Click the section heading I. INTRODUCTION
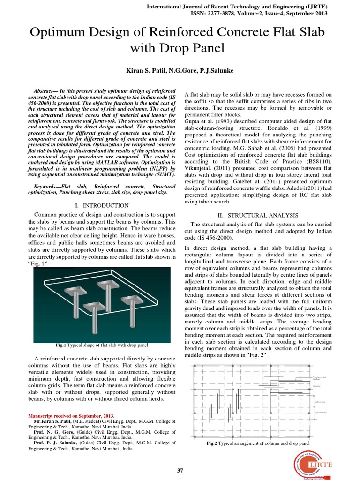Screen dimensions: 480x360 tap(102, 205)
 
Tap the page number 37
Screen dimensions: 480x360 tap(180, 470)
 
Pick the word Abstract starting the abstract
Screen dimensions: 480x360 tap(46, 90)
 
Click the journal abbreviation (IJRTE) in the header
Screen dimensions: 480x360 tap(314, 7)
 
